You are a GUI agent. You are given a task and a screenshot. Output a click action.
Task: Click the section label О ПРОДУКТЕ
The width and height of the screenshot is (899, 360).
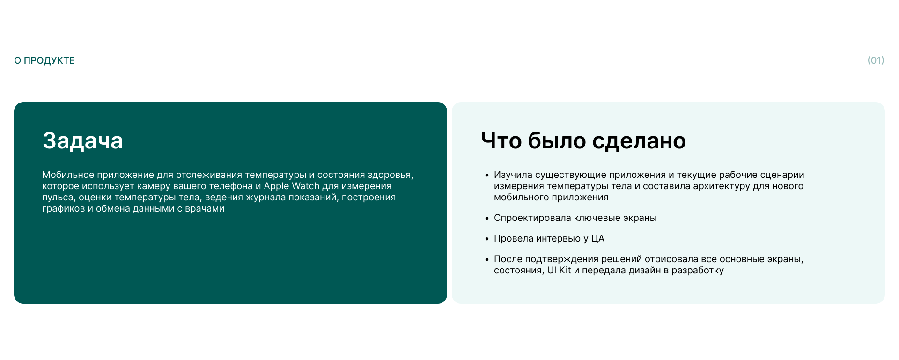[44, 60]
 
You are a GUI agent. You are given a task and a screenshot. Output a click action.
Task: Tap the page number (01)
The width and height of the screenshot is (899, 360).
[876, 60]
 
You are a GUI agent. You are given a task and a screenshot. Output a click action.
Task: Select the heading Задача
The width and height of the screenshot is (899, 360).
[83, 140]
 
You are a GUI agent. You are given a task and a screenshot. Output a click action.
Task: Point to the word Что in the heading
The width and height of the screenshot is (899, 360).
[501, 140]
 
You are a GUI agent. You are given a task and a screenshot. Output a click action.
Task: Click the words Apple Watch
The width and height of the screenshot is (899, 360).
[291, 186]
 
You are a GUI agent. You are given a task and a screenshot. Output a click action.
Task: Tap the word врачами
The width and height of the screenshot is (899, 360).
[205, 208]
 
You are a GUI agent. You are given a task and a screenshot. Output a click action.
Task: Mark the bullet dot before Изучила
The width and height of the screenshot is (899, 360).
[487, 176]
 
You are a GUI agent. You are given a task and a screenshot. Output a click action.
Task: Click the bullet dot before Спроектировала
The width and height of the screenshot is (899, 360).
[487, 219]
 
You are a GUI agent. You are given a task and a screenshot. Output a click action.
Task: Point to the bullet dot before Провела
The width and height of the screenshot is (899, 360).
[487, 239]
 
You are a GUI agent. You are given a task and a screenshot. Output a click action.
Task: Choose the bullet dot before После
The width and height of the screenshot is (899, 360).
[487, 260]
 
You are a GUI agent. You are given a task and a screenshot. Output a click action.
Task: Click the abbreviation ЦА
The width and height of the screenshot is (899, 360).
[597, 238]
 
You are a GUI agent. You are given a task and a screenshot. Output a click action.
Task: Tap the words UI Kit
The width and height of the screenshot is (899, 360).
[559, 270]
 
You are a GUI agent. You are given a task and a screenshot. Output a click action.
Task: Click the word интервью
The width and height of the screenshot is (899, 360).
[558, 238]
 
